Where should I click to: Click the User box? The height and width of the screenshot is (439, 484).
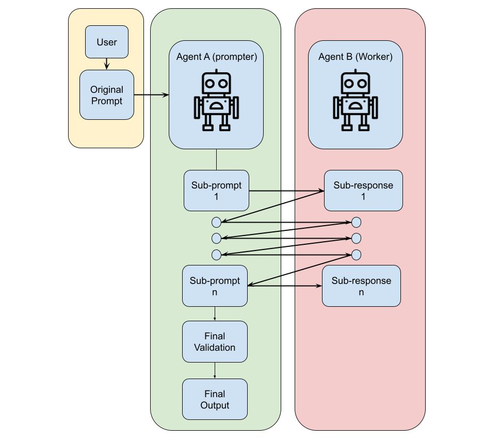(106, 41)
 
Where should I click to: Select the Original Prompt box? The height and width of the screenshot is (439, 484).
(107, 96)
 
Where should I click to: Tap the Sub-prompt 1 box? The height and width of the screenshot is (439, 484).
(216, 191)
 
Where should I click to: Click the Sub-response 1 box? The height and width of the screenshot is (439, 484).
(363, 191)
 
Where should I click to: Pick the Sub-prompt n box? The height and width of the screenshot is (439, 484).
(215, 286)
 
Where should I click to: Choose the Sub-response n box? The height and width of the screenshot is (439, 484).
(361, 286)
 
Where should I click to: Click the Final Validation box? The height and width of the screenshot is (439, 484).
(215, 342)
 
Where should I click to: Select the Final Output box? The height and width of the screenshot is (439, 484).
(215, 399)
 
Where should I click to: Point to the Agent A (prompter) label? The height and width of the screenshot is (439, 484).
(216, 57)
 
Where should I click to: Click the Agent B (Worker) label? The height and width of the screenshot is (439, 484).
(356, 57)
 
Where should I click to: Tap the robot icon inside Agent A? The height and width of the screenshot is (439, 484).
(216, 100)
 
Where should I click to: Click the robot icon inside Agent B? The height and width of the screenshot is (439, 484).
(355, 100)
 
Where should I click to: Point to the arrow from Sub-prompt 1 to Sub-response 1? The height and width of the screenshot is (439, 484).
(286, 191)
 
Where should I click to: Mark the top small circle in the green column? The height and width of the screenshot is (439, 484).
(216, 223)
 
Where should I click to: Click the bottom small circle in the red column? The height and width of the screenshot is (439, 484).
(356, 255)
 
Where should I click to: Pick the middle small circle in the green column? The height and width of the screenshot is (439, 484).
(216, 239)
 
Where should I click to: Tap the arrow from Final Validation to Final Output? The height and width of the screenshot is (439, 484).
(215, 370)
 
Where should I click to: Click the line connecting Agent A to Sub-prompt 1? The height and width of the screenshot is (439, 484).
(216, 160)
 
